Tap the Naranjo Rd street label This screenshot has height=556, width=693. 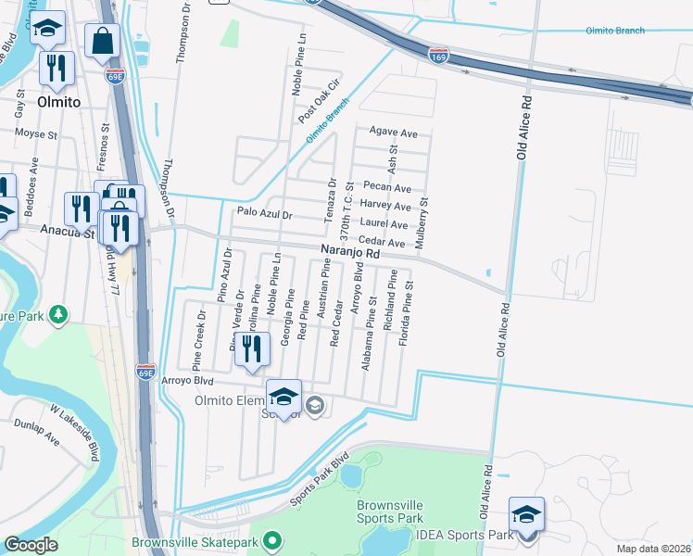350,252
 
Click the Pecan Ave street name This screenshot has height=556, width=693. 386,187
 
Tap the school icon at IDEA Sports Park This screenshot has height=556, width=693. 526,516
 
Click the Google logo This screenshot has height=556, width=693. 31,545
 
